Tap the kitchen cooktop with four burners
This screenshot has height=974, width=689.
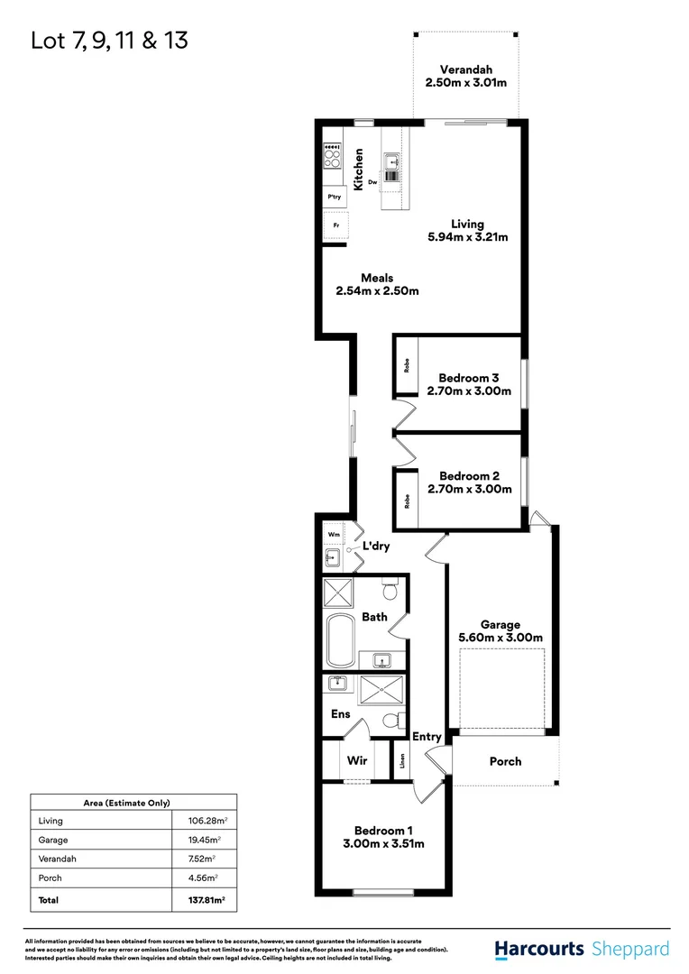pos(332,159)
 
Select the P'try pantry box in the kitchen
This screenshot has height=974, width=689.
pos(335,198)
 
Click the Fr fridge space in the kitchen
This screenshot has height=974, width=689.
pos(335,225)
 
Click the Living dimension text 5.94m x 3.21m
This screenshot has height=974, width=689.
pos(468,238)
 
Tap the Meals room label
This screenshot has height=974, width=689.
pos(377,278)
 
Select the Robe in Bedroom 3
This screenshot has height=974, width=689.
pos(407,366)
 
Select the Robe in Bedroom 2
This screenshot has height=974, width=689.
pos(407,499)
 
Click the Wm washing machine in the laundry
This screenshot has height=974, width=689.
pos(334,535)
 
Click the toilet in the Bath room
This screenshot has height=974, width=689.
pos(390,591)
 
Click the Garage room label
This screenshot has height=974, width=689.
pos(500,624)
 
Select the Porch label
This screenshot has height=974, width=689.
pos(505,761)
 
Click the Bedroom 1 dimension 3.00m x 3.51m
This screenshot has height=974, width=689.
pos(383,844)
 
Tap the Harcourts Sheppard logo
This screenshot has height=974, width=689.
pos(582,949)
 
